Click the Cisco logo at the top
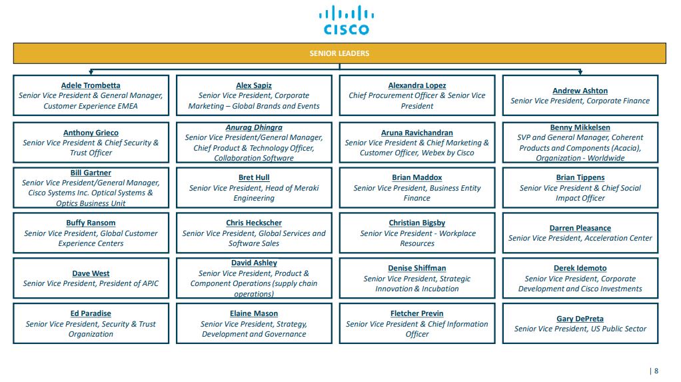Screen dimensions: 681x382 coord(346,20)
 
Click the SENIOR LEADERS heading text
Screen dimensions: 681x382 coord(339,53)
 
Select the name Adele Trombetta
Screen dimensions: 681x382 coord(91,85)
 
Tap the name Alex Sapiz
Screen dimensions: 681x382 coord(254,85)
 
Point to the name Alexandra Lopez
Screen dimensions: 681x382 coord(417,85)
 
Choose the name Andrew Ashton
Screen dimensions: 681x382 coord(580,91)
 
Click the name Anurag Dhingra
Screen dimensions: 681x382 coord(254,127)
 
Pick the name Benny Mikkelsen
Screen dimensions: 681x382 coord(580,127)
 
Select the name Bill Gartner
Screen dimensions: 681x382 coord(91,173)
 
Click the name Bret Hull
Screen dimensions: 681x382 coord(254,178)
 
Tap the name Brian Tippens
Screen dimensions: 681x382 coord(580,178)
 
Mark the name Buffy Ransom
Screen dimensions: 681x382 coord(91,223)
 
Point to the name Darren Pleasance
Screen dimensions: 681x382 coord(580,228)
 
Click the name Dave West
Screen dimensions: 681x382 coord(91,273)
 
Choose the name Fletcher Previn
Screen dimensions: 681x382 coord(417,313)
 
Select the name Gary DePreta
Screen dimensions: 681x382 coord(580,319)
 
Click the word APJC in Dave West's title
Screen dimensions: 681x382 coord(149,284)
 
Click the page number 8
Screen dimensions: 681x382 coord(656,371)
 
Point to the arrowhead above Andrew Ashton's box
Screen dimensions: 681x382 coord(580,72)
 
